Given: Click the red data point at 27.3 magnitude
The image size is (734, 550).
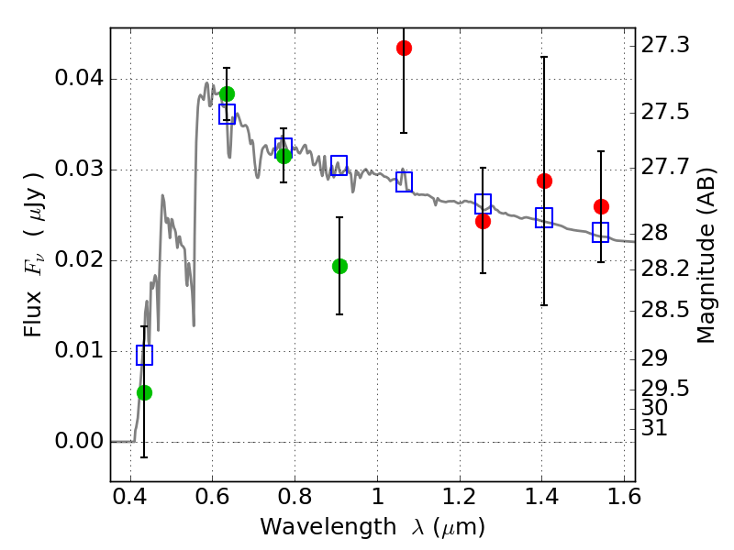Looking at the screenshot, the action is click(x=404, y=48).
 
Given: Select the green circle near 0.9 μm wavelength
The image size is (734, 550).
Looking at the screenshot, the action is click(x=339, y=266).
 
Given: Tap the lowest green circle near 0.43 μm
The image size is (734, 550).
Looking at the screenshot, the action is click(x=144, y=392).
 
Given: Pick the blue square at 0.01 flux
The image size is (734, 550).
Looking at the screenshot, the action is click(x=144, y=355).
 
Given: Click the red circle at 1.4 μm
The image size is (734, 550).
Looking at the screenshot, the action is click(x=544, y=181).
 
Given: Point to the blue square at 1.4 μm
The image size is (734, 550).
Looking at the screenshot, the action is click(x=544, y=217).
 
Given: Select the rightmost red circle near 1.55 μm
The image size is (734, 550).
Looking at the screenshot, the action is click(x=601, y=206).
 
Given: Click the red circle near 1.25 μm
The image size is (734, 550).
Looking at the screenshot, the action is click(x=483, y=221).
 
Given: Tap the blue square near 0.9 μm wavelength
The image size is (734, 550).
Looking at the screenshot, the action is click(x=339, y=165).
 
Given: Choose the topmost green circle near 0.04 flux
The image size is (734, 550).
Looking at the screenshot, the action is click(x=227, y=93).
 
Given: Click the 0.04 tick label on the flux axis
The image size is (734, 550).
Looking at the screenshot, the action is click(x=79, y=78).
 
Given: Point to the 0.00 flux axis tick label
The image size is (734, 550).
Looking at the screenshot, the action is click(x=79, y=441).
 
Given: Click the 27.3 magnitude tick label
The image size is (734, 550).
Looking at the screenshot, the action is click(x=664, y=45).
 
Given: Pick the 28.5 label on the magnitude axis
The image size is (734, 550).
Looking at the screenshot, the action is click(x=664, y=310).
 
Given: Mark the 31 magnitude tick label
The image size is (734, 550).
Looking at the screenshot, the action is click(x=654, y=428).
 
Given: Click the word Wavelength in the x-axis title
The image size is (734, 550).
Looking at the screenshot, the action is click(x=328, y=527).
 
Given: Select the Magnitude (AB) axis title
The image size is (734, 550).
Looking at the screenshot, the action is click(x=706, y=256).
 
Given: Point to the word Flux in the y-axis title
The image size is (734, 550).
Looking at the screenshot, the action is click(x=32, y=313).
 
